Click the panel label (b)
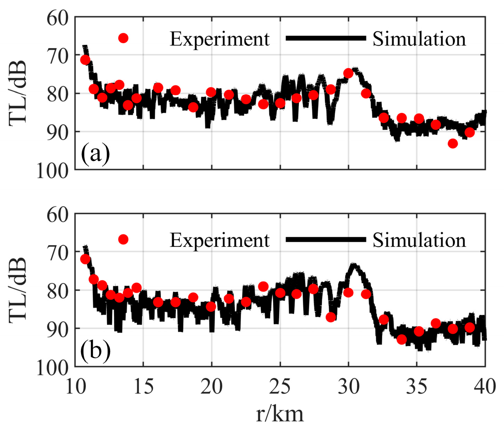[95, 350]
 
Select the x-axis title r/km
[280, 414]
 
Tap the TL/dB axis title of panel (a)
[18, 93]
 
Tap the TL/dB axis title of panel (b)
[18, 290]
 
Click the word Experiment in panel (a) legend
[219, 39]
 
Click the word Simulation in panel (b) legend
[419, 240]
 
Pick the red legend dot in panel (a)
[123, 38]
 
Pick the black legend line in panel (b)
[326, 239]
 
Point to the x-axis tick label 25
[280, 386]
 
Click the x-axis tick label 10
[75, 386]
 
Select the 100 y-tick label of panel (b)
[53, 367]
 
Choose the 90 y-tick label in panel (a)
[58, 132]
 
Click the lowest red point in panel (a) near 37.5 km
[453, 143]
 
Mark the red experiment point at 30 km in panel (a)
[348, 73]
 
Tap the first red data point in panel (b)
[85, 259]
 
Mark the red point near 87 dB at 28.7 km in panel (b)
[330, 317]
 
